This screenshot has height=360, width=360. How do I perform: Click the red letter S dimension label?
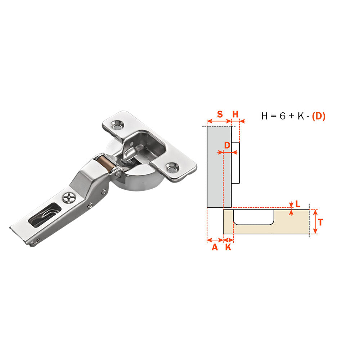[x=220, y=114]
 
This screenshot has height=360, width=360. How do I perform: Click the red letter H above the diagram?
[x=235, y=114]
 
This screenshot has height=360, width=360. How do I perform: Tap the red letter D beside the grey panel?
[x=227, y=145]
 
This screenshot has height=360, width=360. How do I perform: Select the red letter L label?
[x=298, y=204]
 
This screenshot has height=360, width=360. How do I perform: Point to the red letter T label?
[x=320, y=222]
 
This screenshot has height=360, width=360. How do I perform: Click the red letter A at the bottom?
[x=215, y=247]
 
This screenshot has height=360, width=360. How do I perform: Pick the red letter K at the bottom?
[x=228, y=247]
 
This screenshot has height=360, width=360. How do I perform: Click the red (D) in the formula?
[x=319, y=116]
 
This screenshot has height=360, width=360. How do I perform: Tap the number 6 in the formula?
[x=282, y=116]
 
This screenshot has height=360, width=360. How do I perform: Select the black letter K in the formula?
[x=301, y=116]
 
